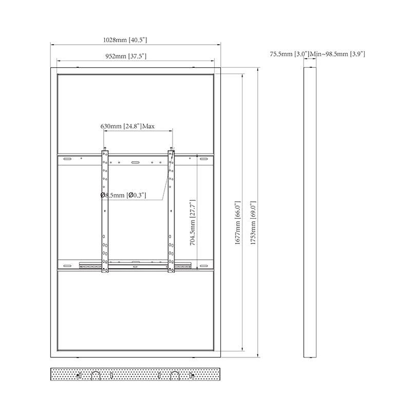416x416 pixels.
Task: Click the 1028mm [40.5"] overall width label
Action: click(125, 40)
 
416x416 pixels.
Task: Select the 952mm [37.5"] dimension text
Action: click(126, 56)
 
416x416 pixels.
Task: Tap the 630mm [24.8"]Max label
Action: click(127, 126)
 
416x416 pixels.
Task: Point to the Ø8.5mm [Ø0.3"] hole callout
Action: click(123, 195)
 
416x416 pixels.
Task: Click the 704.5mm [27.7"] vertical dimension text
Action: click(193, 222)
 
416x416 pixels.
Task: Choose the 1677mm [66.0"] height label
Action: click(237, 222)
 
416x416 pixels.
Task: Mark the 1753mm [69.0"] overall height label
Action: click(253, 222)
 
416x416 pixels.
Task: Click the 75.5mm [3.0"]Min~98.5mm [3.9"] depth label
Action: click(317, 54)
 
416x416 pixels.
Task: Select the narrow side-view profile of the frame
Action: click(310, 212)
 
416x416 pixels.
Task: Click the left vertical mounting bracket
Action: click(105, 212)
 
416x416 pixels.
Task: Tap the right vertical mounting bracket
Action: click(171, 212)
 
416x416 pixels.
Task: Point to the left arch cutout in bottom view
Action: click(96, 375)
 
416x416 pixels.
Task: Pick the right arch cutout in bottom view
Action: click(175, 375)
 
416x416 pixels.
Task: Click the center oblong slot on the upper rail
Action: click(135, 162)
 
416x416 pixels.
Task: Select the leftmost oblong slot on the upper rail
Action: click(67, 159)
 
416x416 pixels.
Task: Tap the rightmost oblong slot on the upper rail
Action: click(203, 159)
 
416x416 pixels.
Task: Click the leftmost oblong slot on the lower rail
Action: click(67, 266)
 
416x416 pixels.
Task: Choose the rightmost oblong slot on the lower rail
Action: click(203, 266)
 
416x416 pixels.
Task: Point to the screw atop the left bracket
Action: click(105, 148)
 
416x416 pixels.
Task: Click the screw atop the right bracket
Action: click(172, 148)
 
